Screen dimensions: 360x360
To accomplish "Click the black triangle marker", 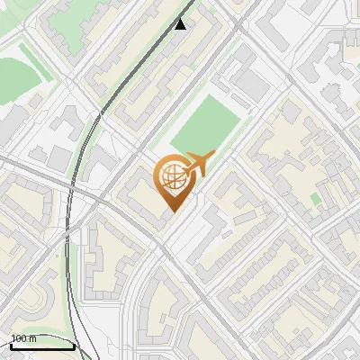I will (181, 23).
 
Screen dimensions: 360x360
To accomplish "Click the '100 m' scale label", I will (24, 338).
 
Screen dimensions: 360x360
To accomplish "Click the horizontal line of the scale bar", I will (41, 346).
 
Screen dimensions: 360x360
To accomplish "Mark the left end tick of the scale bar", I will (10, 344).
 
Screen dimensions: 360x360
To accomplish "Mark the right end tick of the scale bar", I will (74, 344).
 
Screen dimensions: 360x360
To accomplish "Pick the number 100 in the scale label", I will (19, 338).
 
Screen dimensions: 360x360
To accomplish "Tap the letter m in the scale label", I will (33, 338).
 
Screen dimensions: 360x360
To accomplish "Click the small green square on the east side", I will (315, 198).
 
